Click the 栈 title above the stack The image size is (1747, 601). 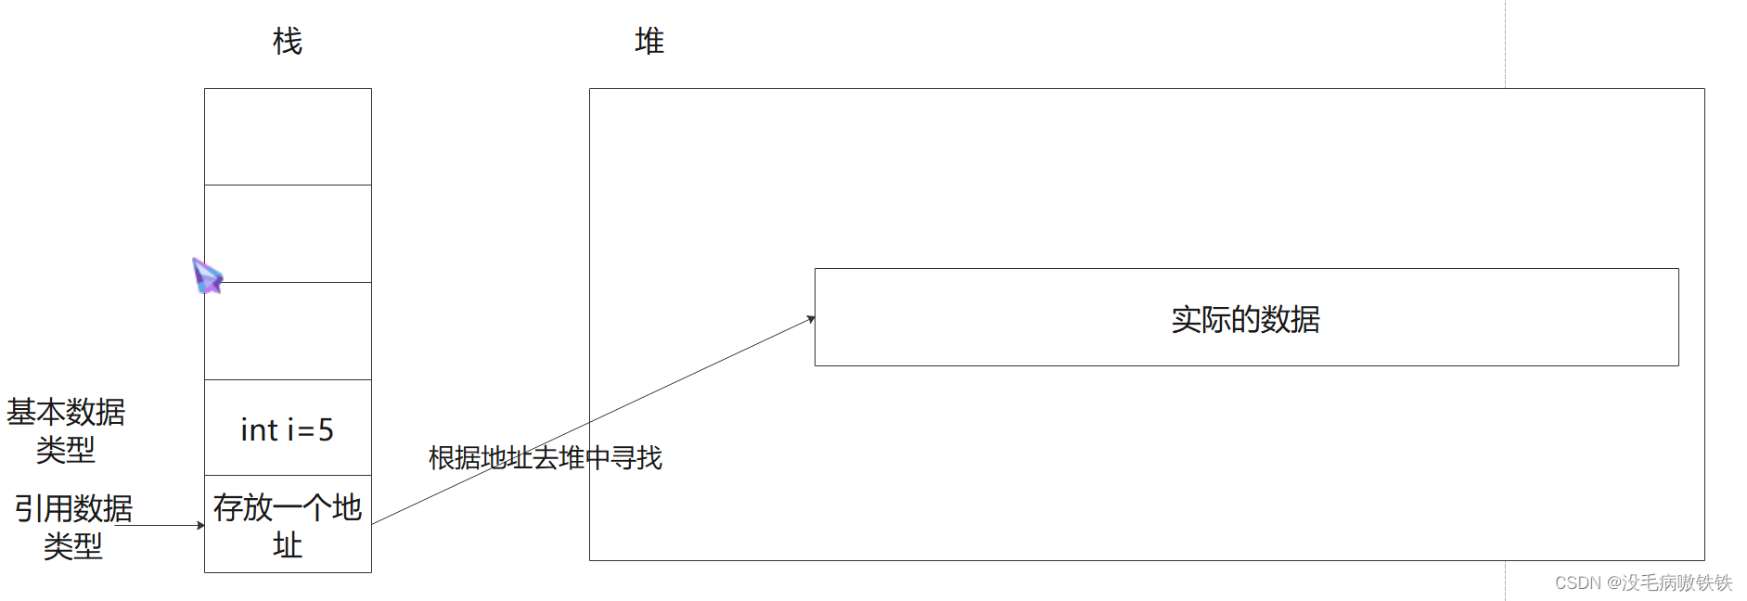(288, 42)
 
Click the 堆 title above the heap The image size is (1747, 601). (649, 42)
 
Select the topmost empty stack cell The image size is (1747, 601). (288, 137)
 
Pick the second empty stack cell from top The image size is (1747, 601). (288, 234)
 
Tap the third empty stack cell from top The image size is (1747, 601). (288, 331)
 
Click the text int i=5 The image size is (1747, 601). (287, 430)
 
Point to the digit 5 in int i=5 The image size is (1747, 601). (326, 430)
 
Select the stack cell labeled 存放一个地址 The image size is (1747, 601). (288, 525)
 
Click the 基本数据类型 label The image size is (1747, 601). (66, 430)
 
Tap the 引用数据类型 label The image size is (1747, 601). (73, 527)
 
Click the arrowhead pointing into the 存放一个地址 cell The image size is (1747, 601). (200, 525)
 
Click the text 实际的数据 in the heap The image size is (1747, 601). (1245, 320)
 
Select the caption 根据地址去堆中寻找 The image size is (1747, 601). (545, 458)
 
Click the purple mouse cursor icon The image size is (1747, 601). (207, 275)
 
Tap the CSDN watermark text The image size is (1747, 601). (1643, 582)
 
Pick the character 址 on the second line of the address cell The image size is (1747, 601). (288, 545)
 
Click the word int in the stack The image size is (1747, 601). (259, 430)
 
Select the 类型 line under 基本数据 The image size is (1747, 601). (66, 451)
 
